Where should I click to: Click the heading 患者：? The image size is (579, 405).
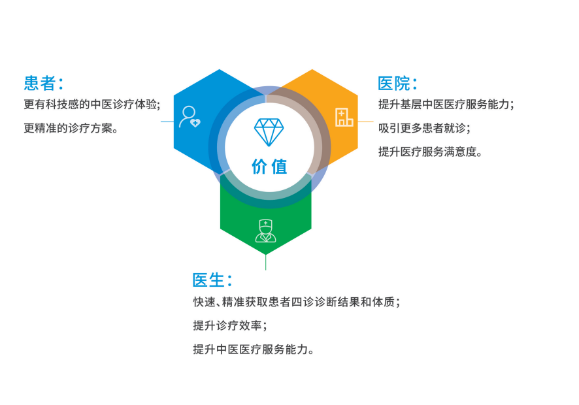(x=43, y=83)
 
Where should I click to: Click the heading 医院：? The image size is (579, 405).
(x=397, y=84)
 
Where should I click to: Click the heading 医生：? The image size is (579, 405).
(x=212, y=280)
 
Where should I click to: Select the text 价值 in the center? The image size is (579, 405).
(x=269, y=167)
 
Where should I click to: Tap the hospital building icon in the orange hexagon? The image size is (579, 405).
(x=344, y=117)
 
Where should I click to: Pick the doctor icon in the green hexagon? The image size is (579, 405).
(x=265, y=231)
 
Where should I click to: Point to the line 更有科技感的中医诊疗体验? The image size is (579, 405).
(x=91, y=104)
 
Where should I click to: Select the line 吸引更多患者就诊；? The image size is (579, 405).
(x=423, y=128)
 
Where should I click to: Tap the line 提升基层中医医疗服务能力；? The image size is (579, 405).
(x=446, y=104)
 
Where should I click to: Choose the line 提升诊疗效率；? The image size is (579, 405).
(x=230, y=325)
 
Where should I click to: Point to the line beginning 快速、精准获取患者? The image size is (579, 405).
(x=296, y=302)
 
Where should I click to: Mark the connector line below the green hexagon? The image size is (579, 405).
(x=265, y=262)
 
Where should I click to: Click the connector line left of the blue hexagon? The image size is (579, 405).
(x=167, y=121)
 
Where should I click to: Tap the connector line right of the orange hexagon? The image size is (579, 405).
(x=365, y=121)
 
